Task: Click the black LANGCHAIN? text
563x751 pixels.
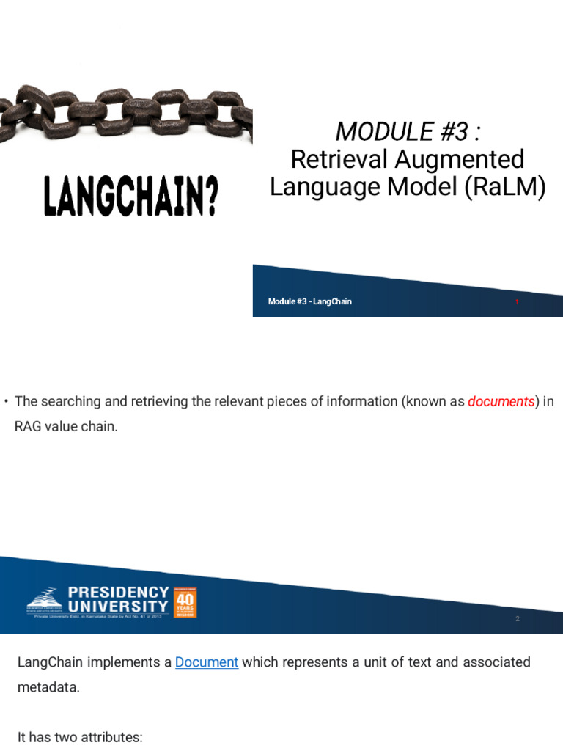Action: (130, 196)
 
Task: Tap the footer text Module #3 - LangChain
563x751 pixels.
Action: (309, 301)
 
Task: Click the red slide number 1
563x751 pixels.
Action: (517, 301)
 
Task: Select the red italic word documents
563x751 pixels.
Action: (501, 401)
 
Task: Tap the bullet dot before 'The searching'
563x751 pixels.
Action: (6, 401)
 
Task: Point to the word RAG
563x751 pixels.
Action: (29, 426)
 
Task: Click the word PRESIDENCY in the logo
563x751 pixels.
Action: (119, 592)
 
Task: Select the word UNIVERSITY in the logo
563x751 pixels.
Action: (119, 606)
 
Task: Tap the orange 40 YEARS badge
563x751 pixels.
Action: (185, 601)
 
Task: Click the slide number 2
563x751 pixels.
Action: (517, 619)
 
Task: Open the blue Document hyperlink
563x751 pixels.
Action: (207, 662)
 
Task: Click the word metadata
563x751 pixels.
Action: (45, 689)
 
